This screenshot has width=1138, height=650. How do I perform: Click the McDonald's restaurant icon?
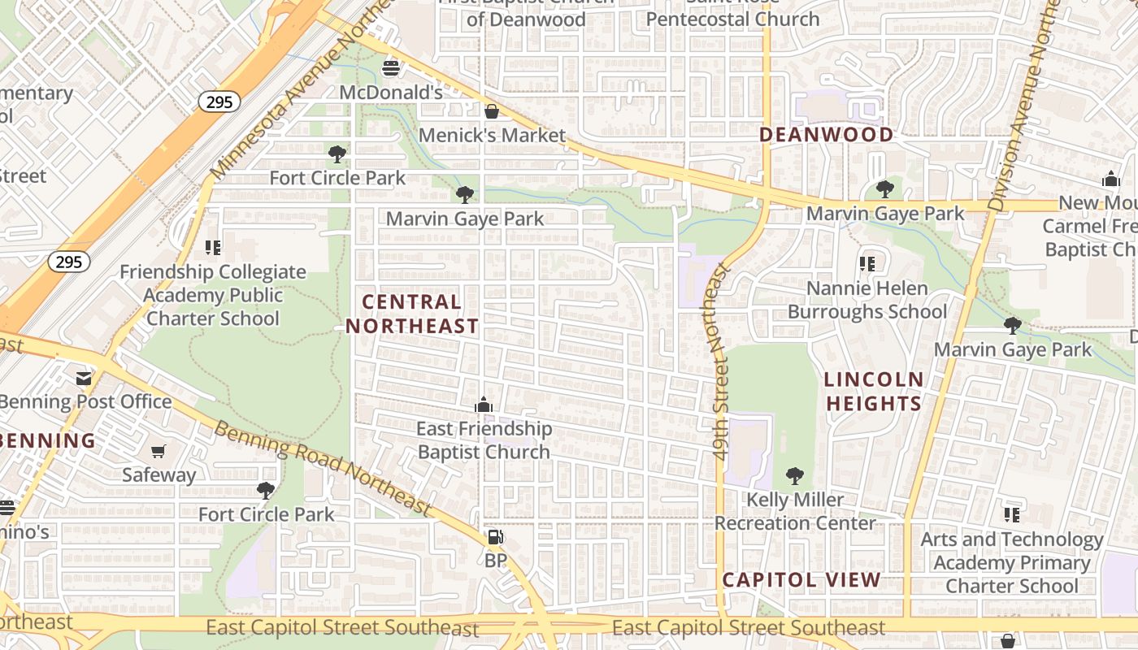point(391,67)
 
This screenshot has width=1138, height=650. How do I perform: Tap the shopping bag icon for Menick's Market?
point(491,111)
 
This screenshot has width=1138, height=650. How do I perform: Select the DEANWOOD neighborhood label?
point(826,135)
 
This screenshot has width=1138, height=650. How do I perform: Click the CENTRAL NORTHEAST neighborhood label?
point(412,314)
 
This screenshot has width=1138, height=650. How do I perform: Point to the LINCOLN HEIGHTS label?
point(874,391)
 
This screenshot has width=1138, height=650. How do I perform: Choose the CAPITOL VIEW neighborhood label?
point(801,579)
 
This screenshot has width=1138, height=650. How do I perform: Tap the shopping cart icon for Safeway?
point(159,451)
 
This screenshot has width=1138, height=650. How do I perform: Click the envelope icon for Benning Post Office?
point(84,378)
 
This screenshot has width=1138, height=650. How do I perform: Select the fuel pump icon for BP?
point(495,537)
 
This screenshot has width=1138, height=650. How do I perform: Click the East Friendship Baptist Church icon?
point(484,405)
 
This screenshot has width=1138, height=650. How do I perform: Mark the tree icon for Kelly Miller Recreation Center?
point(795,476)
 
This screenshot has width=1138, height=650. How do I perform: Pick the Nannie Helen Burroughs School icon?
point(867,264)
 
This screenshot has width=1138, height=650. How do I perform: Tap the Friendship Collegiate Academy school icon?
point(212,247)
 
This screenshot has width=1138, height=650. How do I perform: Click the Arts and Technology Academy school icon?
point(1011,515)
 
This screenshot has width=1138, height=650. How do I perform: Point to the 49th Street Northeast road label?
point(719,362)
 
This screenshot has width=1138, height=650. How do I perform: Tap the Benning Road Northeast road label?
point(322,467)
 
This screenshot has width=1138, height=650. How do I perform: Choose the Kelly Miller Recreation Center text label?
point(794,511)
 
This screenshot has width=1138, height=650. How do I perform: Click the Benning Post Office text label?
point(85,401)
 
